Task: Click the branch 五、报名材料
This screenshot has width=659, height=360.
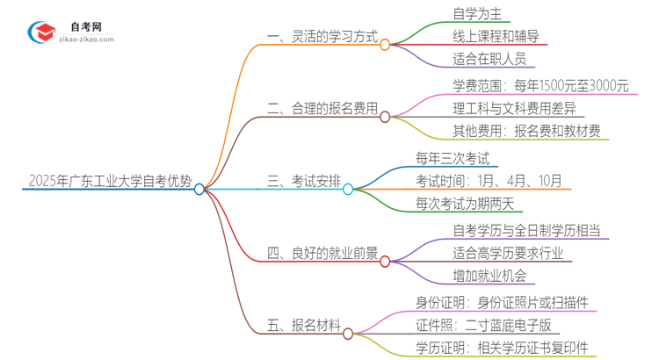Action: point(303,326)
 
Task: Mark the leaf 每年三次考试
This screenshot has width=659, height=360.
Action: point(458,158)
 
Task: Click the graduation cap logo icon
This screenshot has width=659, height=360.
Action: point(40,33)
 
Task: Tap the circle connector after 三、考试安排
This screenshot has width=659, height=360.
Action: point(348,189)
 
